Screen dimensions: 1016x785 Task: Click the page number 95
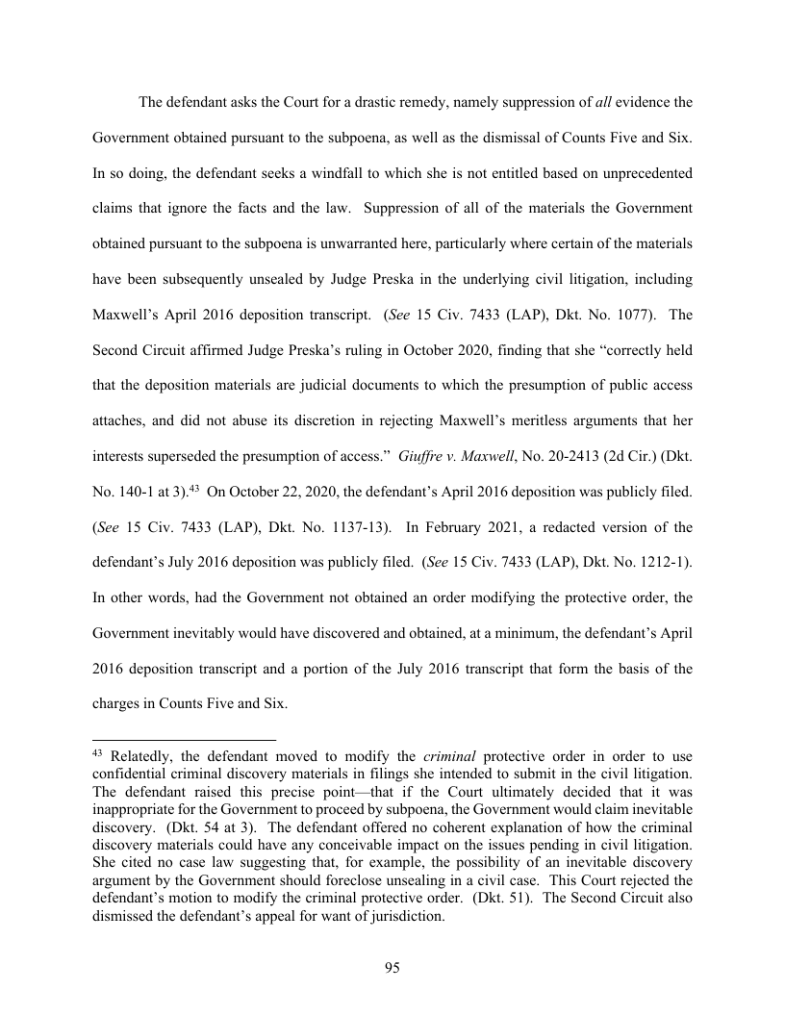point(392,967)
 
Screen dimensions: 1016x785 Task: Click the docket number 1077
point(616,314)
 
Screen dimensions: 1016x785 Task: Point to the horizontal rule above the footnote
point(184,740)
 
